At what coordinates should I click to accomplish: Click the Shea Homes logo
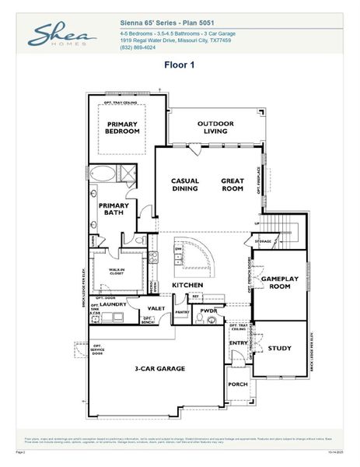tap(63, 36)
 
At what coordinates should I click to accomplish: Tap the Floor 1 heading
tap(179, 65)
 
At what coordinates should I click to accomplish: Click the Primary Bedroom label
tap(122, 128)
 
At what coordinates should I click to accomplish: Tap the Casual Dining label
tap(185, 184)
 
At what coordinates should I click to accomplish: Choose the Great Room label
tap(232, 184)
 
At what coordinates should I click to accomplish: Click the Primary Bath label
tap(113, 209)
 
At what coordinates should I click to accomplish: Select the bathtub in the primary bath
tap(102, 174)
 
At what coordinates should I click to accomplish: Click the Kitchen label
tap(187, 286)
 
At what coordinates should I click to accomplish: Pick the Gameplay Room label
tap(275, 283)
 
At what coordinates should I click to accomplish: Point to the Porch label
tap(237, 384)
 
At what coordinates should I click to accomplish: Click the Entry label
tap(237, 342)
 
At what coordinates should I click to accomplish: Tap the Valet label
tap(156, 309)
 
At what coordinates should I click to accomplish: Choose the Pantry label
tap(182, 312)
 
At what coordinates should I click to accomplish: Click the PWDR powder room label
tap(207, 311)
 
